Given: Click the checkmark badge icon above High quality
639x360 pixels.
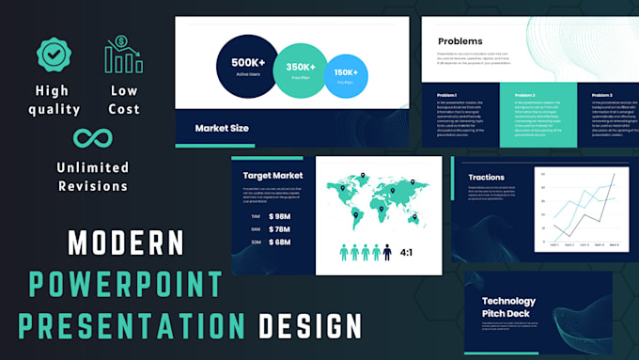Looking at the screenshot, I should coord(54,55).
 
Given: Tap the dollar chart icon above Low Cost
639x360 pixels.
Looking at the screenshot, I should coord(123,55).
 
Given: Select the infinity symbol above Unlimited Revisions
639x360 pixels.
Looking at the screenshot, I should coord(92,138).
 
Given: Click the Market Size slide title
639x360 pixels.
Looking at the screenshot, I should coord(222,128).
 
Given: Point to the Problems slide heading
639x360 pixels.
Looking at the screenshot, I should coord(460,41).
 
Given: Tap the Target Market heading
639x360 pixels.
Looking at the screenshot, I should coord(273,175).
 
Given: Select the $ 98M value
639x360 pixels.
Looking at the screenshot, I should coord(280,216).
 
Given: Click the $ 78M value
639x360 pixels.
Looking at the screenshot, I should coord(280,229).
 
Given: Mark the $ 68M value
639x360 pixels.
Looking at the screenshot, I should coord(280,243).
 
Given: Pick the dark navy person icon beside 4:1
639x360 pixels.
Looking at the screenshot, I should coord(386,252).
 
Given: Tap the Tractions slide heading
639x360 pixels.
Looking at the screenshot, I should coord(487,177).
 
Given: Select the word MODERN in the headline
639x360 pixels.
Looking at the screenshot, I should coord(127,243).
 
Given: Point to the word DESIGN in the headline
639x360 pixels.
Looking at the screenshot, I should coord(310,326).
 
